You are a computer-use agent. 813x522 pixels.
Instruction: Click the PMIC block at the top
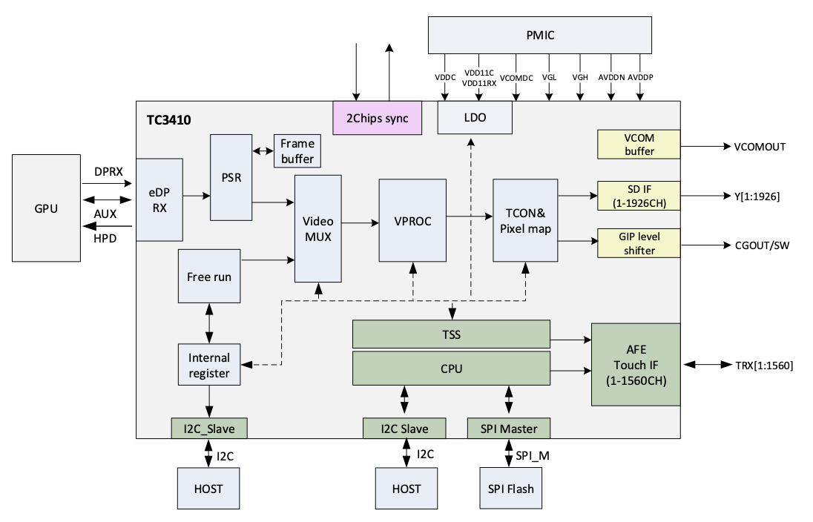540,35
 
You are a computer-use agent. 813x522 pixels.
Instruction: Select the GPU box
46,208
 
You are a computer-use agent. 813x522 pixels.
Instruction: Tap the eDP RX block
159,199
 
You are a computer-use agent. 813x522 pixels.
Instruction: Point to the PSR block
231,177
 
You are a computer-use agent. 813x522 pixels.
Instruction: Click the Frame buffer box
297,151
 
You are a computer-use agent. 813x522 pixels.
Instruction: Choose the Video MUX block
317,228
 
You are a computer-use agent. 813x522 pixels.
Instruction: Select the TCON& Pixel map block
525,220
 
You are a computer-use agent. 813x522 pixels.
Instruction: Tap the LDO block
474,119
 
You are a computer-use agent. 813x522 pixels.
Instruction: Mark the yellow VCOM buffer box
638,145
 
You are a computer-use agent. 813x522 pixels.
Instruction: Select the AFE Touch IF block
635,364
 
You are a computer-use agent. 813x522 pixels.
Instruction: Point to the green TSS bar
451,334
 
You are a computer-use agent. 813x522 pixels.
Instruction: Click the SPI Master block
508,428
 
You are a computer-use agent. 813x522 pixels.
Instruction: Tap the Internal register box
209,364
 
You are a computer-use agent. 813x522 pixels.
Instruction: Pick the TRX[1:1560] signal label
764,365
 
